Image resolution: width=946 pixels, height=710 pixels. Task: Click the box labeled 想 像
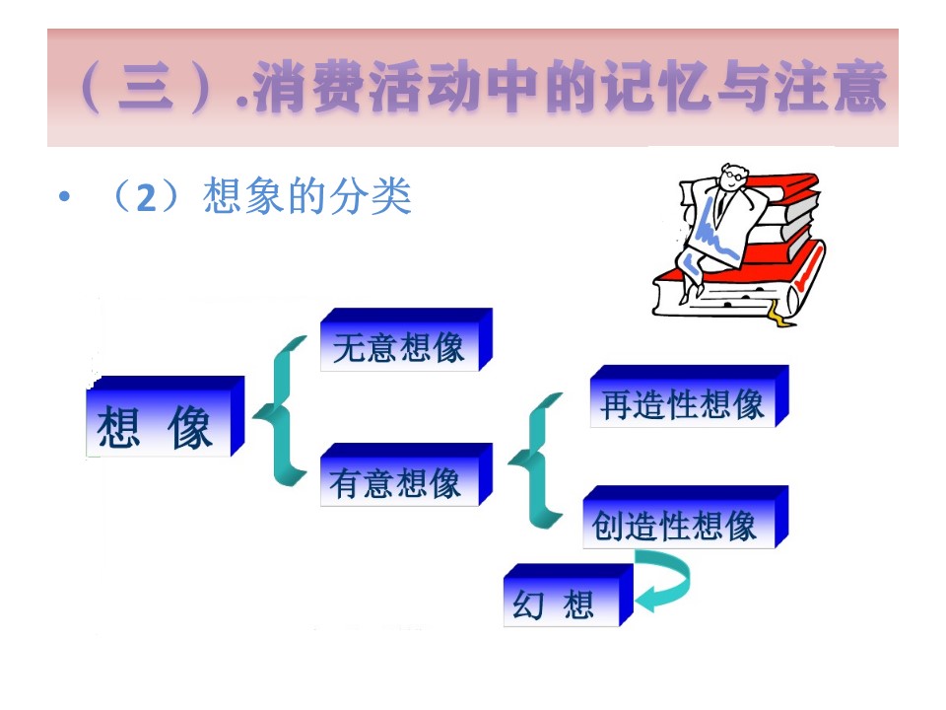(x=166, y=416)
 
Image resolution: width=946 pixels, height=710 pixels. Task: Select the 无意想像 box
(x=406, y=339)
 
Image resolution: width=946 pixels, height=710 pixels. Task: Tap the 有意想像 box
(x=406, y=474)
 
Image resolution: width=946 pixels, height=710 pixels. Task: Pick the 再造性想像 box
(x=689, y=396)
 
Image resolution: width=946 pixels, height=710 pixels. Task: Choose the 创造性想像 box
(x=686, y=517)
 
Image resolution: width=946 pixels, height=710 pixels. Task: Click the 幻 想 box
(x=568, y=596)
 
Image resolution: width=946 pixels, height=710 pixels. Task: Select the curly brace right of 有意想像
(x=534, y=461)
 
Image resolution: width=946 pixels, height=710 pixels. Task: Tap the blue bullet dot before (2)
(x=65, y=196)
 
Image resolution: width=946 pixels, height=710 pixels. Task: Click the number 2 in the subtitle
(x=146, y=197)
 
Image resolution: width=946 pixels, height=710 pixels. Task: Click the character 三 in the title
(x=146, y=87)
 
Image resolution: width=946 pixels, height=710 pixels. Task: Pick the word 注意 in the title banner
(x=831, y=87)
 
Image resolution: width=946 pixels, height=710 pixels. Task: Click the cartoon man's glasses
(x=733, y=176)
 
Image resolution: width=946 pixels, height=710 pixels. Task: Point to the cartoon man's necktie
(x=720, y=204)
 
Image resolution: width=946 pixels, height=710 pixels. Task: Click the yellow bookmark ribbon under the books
(x=777, y=314)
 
